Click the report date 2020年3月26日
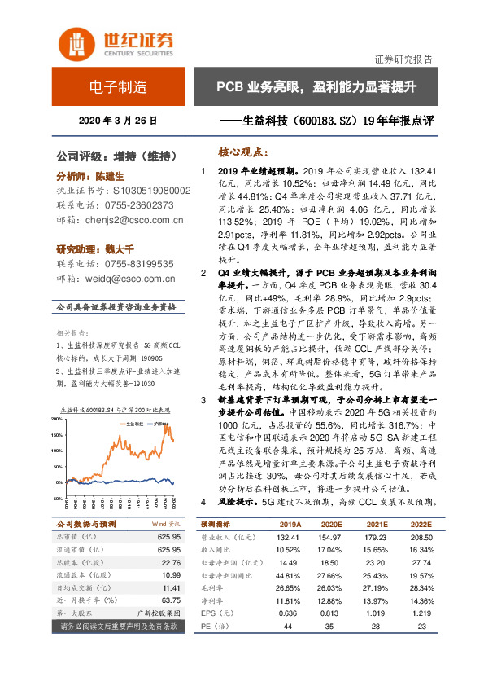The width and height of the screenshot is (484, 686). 118,121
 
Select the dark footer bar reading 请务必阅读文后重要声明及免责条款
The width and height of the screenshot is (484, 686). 118,627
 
